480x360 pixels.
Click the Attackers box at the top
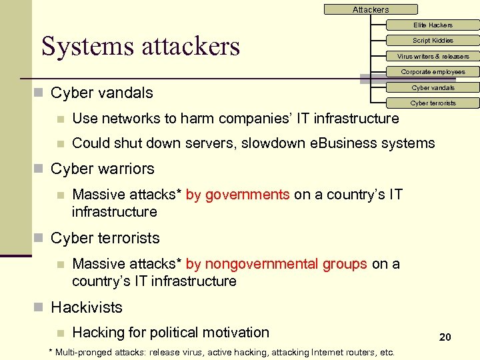click(x=371, y=9)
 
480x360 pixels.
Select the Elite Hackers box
click(x=433, y=25)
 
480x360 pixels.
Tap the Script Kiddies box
click(x=433, y=41)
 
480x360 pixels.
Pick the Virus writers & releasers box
click(x=433, y=57)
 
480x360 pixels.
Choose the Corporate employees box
click(x=433, y=72)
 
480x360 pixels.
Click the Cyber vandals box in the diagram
click(x=433, y=88)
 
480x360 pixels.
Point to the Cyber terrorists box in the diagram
click(x=433, y=103)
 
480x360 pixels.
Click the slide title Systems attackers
click(x=141, y=46)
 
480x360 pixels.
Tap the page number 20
click(x=445, y=337)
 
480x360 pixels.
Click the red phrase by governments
click(x=237, y=195)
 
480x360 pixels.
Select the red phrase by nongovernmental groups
click(x=276, y=264)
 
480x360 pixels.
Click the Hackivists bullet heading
click(x=87, y=307)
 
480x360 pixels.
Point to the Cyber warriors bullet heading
click(x=102, y=169)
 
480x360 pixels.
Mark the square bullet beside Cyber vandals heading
click(x=41, y=93)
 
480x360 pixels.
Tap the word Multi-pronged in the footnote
click(x=79, y=352)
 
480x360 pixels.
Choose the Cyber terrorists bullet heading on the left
click(x=105, y=238)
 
